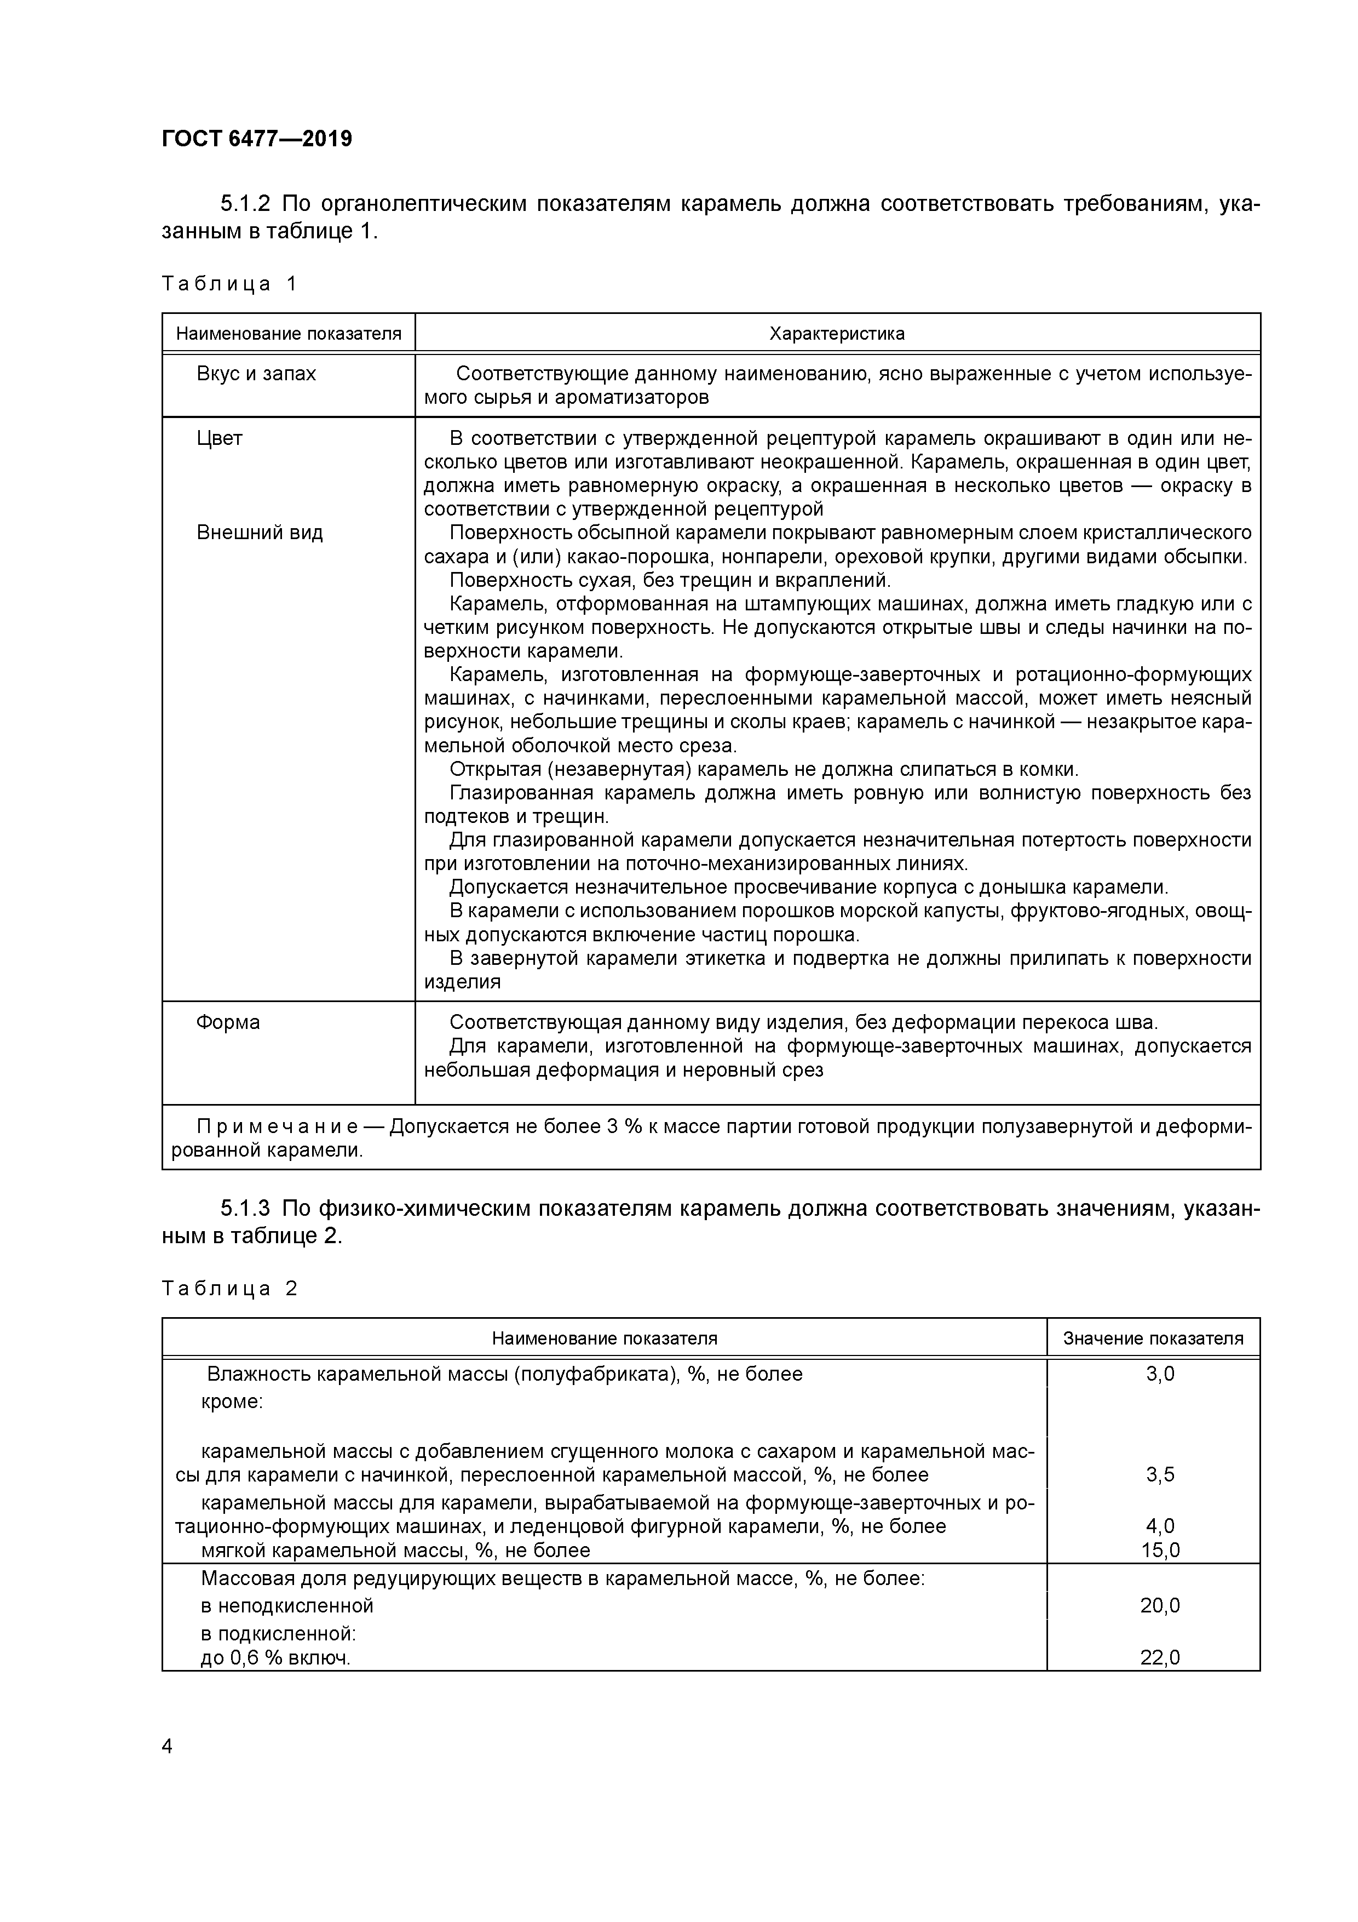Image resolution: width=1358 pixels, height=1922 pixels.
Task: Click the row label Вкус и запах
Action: click(x=256, y=374)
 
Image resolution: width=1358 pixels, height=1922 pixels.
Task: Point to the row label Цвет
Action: click(x=219, y=439)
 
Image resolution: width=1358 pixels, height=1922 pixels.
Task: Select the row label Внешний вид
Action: click(x=260, y=533)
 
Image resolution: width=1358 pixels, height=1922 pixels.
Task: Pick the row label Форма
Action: click(x=228, y=1023)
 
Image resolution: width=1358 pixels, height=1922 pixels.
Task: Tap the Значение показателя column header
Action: click(x=1153, y=1338)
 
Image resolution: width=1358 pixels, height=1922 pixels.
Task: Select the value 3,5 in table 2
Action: click(x=1160, y=1475)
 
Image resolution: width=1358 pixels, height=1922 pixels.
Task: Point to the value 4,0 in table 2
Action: click(x=1160, y=1526)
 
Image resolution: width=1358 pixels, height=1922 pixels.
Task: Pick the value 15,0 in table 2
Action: click(x=1160, y=1551)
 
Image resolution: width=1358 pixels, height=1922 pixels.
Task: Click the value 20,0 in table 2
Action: click(x=1160, y=1605)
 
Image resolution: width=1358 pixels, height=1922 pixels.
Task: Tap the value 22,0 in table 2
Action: click(x=1160, y=1657)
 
